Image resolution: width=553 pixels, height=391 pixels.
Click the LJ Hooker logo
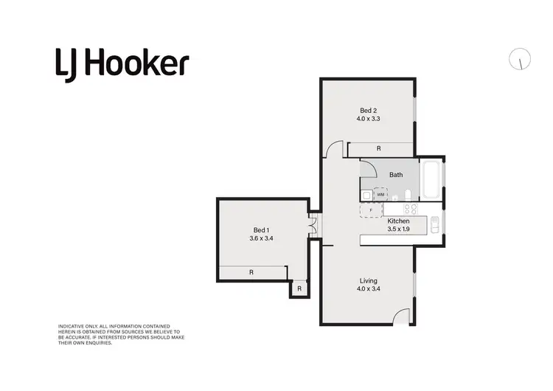point(122,64)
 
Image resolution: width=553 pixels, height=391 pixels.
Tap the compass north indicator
point(520,60)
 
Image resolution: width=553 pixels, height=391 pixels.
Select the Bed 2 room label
point(368,110)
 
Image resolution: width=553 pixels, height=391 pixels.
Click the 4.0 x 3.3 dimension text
point(368,118)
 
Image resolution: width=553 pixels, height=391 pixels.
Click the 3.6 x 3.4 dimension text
point(262,238)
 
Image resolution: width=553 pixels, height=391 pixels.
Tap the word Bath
point(396,175)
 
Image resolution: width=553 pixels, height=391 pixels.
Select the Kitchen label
point(398,221)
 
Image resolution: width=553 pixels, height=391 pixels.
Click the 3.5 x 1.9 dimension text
point(398,229)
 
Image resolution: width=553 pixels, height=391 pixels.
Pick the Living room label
point(368,280)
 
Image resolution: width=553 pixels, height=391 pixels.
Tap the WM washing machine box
point(380,195)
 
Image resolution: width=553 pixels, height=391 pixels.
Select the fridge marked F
point(371,210)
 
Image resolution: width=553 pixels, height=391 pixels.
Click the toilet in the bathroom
point(407,195)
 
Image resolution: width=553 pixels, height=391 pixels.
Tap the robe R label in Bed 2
point(378,148)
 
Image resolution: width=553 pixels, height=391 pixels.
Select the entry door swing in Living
point(402,317)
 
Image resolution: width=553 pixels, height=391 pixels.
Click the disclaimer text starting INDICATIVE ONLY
point(120,334)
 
